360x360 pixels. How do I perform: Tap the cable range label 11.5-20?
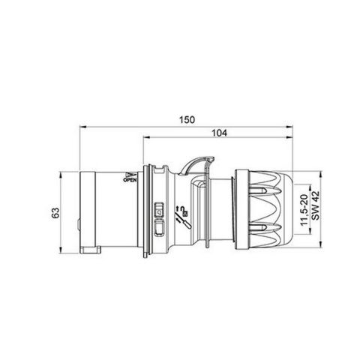click(x=304, y=212)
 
